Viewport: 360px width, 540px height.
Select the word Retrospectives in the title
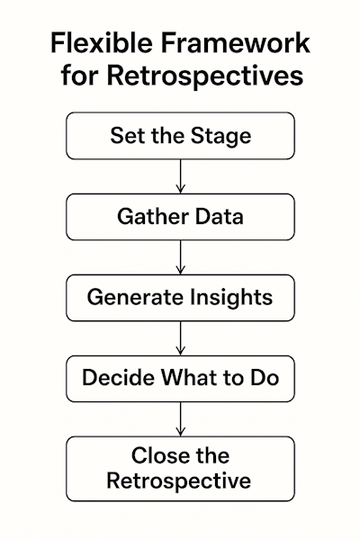pyautogui.click(x=203, y=76)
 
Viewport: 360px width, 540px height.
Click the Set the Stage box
pyautogui.click(x=180, y=136)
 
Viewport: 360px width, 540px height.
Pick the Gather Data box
pyautogui.click(x=180, y=217)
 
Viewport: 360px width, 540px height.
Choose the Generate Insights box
pyautogui.click(x=180, y=298)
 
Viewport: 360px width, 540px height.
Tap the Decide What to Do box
pyautogui.click(x=180, y=378)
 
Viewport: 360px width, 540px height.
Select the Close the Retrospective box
pyautogui.click(x=180, y=468)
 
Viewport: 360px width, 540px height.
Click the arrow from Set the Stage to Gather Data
pyautogui.click(x=180, y=176)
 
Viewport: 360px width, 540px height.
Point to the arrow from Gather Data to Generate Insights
pyautogui.click(x=180, y=257)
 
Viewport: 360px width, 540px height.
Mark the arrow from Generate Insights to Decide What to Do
pyautogui.click(x=180, y=338)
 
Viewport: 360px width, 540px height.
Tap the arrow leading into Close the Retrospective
pyautogui.click(x=180, y=418)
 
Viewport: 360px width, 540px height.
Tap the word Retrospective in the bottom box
pyautogui.click(x=180, y=481)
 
